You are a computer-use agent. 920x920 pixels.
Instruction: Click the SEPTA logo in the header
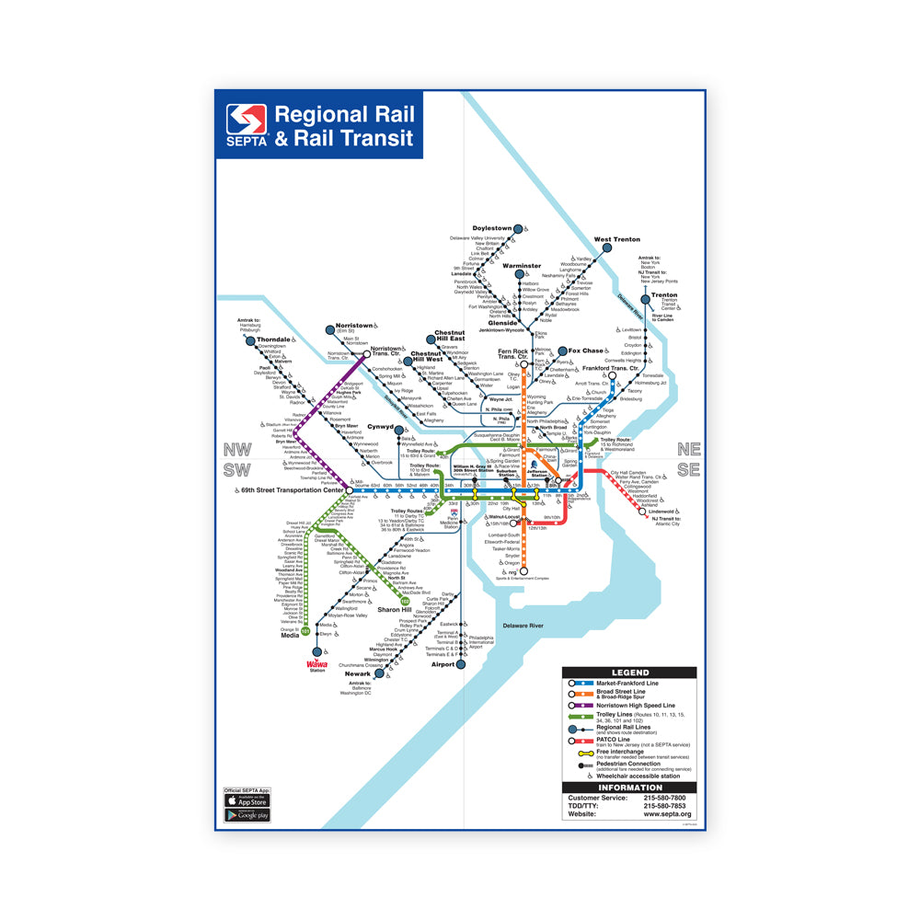(x=247, y=126)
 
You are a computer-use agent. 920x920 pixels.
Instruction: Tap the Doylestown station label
(x=491, y=228)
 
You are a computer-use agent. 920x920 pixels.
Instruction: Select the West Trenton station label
(x=616, y=239)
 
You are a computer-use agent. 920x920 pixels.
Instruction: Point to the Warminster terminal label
(x=522, y=266)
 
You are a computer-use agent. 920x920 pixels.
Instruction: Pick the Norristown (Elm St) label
(x=354, y=326)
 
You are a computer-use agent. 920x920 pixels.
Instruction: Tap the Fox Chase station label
(x=585, y=351)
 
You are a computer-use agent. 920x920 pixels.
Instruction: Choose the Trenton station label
(x=664, y=295)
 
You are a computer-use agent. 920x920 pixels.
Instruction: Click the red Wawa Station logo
(x=316, y=665)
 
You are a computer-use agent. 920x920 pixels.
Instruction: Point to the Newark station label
(x=358, y=673)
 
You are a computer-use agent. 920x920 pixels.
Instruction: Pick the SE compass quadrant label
(x=687, y=469)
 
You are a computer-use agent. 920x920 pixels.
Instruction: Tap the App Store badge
(x=247, y=800)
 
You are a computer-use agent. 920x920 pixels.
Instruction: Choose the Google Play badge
(x=247, y=815)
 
